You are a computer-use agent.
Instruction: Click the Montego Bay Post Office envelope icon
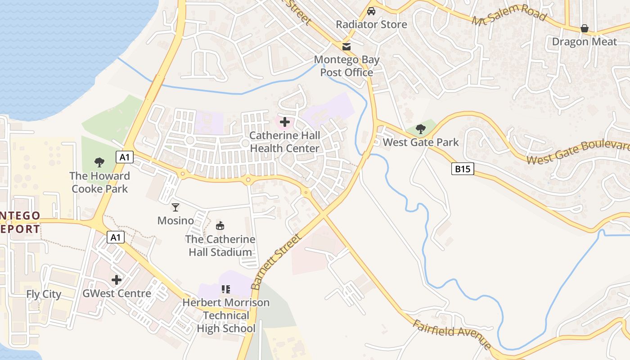(x=346, y=46)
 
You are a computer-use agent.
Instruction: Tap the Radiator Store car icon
(x=371, y=11)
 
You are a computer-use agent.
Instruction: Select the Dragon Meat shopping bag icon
(x=584, y=28)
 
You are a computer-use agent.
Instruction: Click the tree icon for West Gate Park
(x=421, y=129)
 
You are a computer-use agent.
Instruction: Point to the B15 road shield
(x=463, y=169)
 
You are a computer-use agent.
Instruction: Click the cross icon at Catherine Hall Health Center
(x=284, y=122)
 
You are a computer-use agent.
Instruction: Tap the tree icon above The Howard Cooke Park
(x=99, y=162)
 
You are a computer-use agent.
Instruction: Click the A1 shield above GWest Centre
(x=116, y=237)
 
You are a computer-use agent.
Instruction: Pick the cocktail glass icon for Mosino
(x=175, y=207)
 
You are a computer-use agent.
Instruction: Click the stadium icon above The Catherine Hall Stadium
(x=220, y=225)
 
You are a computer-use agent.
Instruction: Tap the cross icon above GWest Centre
(x=117, y=280)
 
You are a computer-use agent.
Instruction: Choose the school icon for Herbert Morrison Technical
(x=225, y=289)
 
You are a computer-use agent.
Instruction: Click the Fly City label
(x=44, y=294)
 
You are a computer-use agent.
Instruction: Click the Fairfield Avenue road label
(x=452, y=335)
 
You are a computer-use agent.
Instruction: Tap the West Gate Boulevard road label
(x=578, y=153)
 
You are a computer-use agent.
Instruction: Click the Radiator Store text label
(x=371, y=24)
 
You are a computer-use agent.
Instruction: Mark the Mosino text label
(x=175, y=220)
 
